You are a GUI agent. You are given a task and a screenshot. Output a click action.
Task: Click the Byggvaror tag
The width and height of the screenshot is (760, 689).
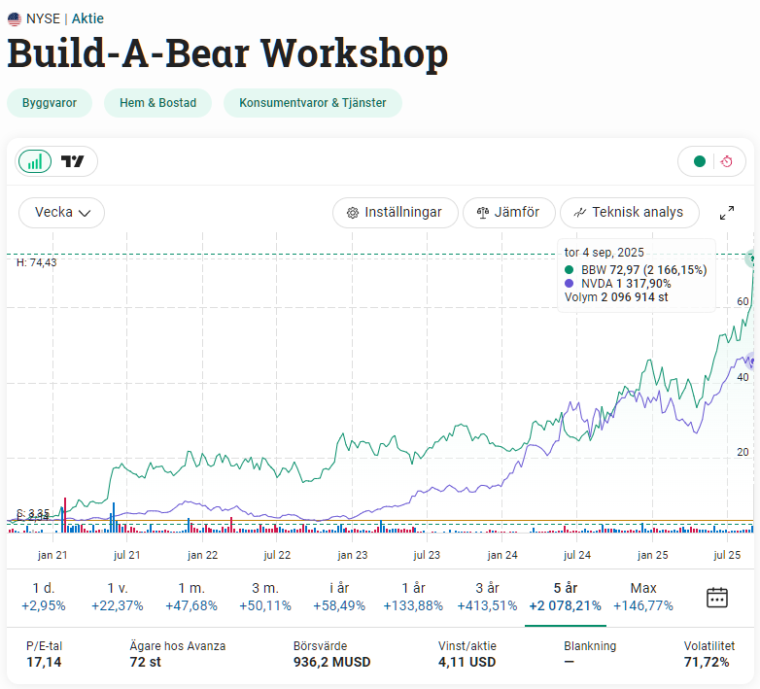point(49,103)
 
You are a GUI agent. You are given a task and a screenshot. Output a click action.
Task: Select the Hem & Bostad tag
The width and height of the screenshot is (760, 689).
point(157,103)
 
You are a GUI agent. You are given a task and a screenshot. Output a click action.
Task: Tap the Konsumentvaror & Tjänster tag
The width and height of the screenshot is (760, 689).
point(313,103)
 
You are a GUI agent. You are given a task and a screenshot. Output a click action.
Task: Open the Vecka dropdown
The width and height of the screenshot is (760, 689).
point(62,212)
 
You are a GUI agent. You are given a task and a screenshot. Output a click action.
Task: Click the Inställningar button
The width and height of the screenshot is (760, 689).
point(395,212)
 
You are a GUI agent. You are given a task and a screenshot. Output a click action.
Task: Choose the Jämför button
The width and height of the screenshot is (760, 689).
point(508,212)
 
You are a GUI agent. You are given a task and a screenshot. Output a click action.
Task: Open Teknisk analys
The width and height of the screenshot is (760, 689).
point(628,212)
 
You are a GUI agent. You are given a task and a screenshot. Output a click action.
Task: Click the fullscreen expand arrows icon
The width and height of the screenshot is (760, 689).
point(726,213)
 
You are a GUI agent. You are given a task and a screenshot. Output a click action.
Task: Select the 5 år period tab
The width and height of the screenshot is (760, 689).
point(565,597)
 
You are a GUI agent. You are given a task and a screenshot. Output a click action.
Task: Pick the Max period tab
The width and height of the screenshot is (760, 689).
point(643,597)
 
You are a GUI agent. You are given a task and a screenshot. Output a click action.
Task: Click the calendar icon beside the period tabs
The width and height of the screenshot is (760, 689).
point(717,598)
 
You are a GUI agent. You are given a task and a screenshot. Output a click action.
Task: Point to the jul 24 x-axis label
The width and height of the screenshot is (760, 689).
point(577,555)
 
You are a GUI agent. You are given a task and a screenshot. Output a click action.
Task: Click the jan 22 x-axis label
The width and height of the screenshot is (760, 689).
point(202,555)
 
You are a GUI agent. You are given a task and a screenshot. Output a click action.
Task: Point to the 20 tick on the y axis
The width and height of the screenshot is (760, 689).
point(743,453)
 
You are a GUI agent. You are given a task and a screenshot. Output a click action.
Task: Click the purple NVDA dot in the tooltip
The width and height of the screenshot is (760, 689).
point(570,283)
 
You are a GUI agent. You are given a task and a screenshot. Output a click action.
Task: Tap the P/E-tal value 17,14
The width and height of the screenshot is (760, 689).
point(43,663)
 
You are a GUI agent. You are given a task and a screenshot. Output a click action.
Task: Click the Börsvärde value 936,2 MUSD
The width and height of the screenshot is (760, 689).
point(331,663)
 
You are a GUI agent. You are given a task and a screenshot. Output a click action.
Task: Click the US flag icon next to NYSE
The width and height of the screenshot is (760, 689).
point(15,18)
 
